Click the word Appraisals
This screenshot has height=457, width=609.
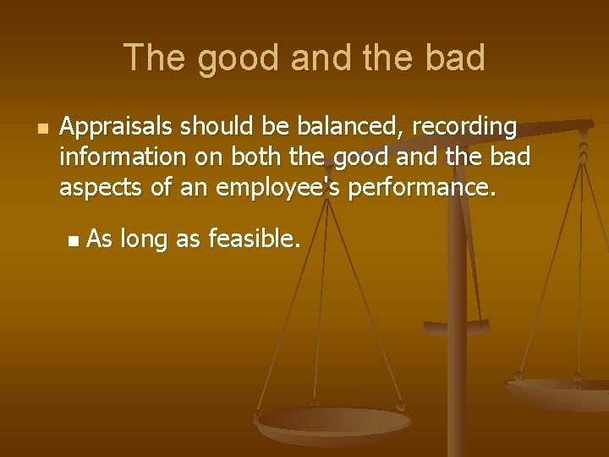coord(118,128)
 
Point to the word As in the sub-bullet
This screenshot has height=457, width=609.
coord(100,240)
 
